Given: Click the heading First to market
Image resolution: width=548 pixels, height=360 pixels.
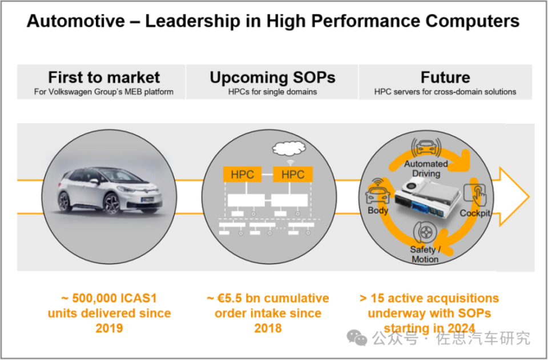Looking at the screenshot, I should pyautogui.click(x=104, y=78).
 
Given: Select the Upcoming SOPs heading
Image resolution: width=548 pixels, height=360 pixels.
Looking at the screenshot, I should pyautogui.click(x=272, y=78).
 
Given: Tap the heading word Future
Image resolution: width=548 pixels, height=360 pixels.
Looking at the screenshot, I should pyautogui.click(x=445, y=78).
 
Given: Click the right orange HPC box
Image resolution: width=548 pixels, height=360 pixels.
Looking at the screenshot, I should pyautogui.click(x=293, y=175).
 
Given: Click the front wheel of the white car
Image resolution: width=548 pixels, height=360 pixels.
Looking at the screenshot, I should pyautogui.click(x=112, y=203).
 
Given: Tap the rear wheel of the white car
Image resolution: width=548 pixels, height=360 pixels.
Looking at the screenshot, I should pyautogui.click(x=65, y=201).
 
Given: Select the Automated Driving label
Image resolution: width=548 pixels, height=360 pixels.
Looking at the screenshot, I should pyautogui.click(x=426, y=168).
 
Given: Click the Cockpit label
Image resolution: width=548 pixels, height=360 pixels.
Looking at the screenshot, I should pyautogui.click(x=475, y=213).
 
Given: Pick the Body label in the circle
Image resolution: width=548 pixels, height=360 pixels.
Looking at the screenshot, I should pyautogui.click(x=378, y=210).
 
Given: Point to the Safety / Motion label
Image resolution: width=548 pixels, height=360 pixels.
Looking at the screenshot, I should pyautogui.click(x=425, y=254).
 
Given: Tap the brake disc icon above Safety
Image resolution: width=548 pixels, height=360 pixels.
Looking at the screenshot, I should pyautogui.click(x=425, y=234).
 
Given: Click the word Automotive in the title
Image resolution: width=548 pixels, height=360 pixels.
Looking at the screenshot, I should pyautogui.click(x=75, y=22).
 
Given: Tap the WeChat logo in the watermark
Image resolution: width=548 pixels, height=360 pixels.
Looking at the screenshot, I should pyautogui.click(x=358, y=338).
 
